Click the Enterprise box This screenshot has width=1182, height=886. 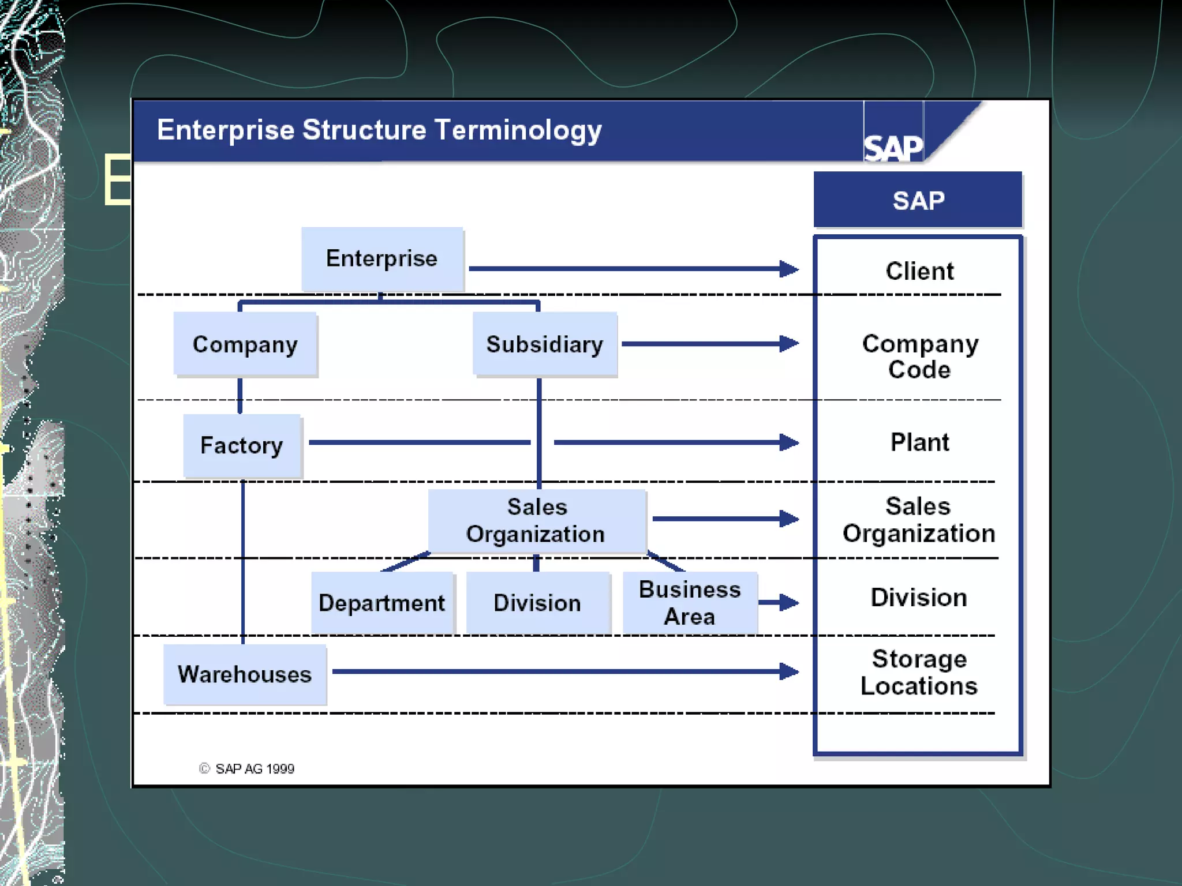382,258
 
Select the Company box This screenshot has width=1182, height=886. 245,344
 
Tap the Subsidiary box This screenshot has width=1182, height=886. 544,344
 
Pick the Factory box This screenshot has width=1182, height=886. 242,445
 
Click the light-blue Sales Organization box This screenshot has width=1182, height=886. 536,521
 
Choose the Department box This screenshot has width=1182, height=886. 381,603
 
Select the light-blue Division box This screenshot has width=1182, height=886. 537,603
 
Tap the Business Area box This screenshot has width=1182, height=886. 690,603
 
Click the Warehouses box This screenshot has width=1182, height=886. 245,674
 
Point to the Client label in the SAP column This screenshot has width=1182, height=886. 919,271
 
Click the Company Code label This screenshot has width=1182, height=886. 919,356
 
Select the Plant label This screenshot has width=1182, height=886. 919,442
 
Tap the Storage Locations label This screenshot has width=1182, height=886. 919,672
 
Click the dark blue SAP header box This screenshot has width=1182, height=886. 918,200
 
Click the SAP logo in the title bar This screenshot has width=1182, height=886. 893,148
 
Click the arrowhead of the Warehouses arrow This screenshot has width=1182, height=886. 789,671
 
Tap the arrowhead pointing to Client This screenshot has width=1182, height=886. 789,269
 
